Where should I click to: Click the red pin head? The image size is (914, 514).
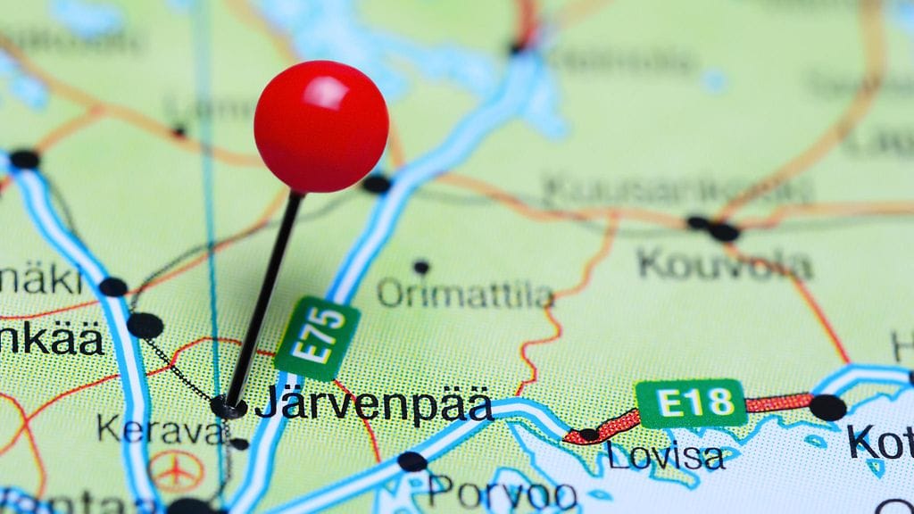[321, 127]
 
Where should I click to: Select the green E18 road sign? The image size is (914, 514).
[690, 403]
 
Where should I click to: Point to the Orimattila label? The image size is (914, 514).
[464, 294]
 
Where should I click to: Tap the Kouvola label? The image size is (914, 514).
[724, 264]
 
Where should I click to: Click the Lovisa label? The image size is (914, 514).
[665, 455]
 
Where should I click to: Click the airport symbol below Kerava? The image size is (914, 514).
[176, 470]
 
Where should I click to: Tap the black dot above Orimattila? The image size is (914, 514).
[421, 266]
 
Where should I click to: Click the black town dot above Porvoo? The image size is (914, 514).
[411, 461]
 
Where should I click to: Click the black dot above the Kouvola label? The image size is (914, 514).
[723, 231]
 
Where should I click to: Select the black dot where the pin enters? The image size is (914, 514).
[228, 408]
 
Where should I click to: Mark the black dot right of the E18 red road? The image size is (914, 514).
[827, 407]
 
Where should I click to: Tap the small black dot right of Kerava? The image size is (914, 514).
[239, 444]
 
